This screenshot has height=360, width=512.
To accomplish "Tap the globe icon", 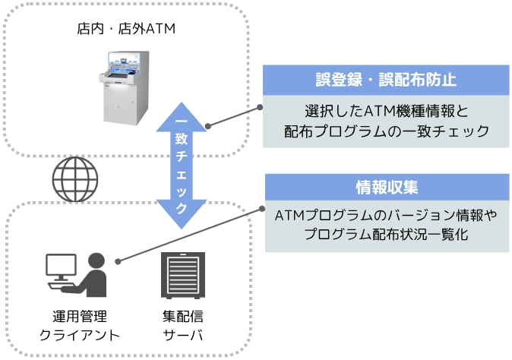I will [x=74, y=179].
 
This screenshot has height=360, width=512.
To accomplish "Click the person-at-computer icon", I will [x=80, y=274].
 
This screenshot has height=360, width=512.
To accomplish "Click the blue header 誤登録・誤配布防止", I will [x=385, y=80].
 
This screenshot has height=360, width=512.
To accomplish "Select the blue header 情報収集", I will [x=385, y=187].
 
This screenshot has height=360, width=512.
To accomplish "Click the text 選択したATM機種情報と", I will [x=385, y=112].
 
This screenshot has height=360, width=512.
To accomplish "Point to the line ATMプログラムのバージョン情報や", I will [x=385, y=216].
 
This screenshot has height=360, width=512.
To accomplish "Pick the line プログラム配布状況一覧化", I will [x=385, y=236].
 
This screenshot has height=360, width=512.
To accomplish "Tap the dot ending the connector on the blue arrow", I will [x=208, y=125].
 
